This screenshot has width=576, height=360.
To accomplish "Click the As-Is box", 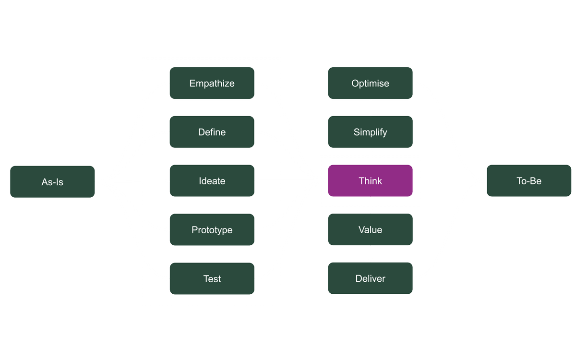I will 52,181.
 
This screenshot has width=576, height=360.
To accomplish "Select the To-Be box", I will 529,181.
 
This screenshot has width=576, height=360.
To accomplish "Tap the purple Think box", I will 370,181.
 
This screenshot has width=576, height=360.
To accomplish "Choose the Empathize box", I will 212,83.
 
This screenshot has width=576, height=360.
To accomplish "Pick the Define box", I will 212,132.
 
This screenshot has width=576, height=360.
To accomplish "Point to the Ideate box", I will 212,181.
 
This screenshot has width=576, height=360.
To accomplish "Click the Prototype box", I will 212,230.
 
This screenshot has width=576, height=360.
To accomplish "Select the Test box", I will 212,279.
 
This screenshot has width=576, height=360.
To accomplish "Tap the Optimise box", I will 370,83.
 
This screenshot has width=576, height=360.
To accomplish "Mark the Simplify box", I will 370,132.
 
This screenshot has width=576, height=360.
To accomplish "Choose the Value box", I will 370,230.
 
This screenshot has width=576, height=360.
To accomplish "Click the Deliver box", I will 370,279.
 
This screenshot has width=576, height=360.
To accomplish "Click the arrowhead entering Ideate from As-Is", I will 166,181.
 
